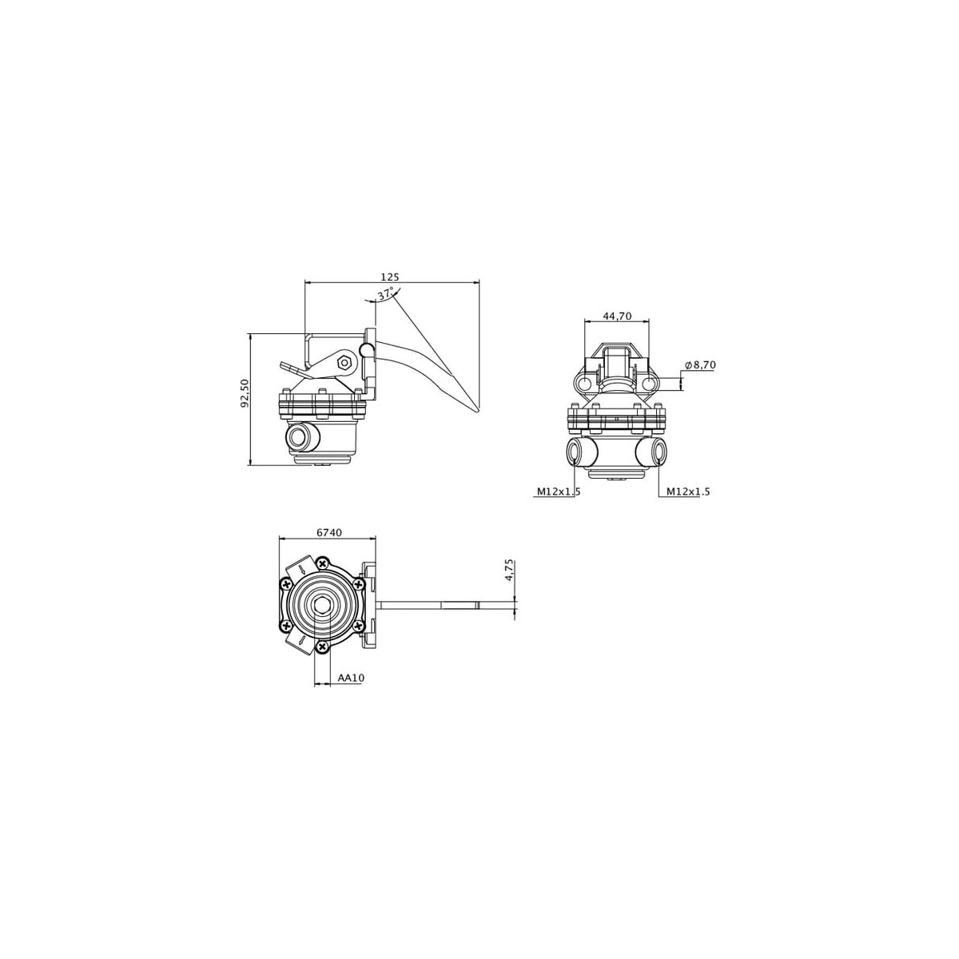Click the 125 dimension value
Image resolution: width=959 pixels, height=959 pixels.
(390, 277)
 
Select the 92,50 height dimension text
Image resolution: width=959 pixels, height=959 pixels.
(245, 394)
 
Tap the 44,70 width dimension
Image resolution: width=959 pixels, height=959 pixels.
(617, 316)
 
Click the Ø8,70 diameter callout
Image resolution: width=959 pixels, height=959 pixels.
(700, 364)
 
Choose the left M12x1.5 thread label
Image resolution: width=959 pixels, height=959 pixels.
(559, 491)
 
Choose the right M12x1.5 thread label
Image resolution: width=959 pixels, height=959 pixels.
(688, 491)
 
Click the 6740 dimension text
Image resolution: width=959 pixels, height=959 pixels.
(329, 532)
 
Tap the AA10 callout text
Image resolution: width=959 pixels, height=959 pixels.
(352, 678)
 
